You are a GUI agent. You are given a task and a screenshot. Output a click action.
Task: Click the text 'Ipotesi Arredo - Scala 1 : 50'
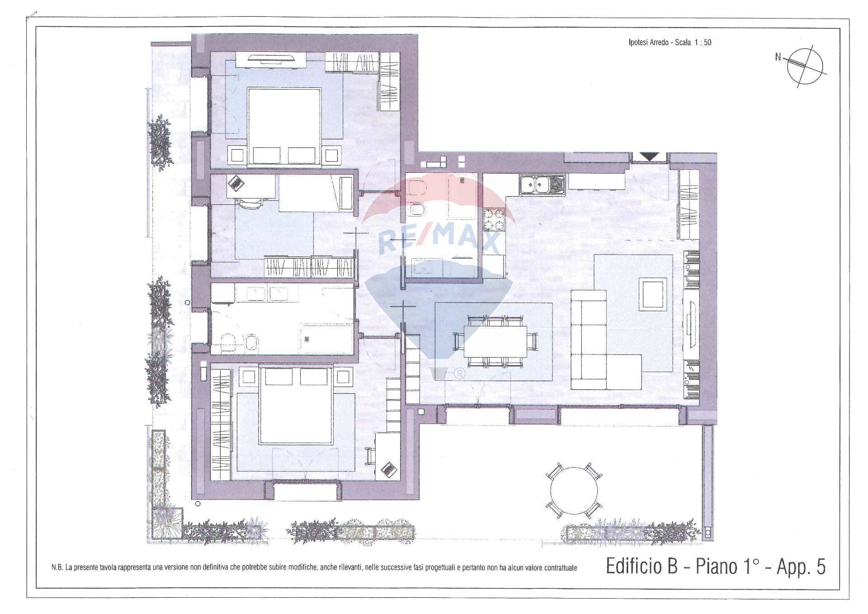click(x=670, y=43)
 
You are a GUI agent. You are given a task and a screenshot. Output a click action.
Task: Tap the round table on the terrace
click(x=574, y=491)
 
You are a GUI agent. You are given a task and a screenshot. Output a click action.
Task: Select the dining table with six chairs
click(x=495, y=341)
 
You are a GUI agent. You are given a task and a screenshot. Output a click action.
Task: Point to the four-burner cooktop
click(x=494, y=219)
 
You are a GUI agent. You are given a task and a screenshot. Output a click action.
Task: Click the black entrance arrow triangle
click(x=650, y=157)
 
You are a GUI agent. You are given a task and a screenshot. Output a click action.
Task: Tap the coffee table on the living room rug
click(x=652, y=294)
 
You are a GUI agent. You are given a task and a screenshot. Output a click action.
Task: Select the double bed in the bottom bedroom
click(x=296, y=406)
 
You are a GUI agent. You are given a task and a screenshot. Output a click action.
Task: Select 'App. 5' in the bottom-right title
click(x=801, y=567)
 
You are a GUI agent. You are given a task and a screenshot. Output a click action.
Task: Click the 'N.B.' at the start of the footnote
click(x=57, y=568)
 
